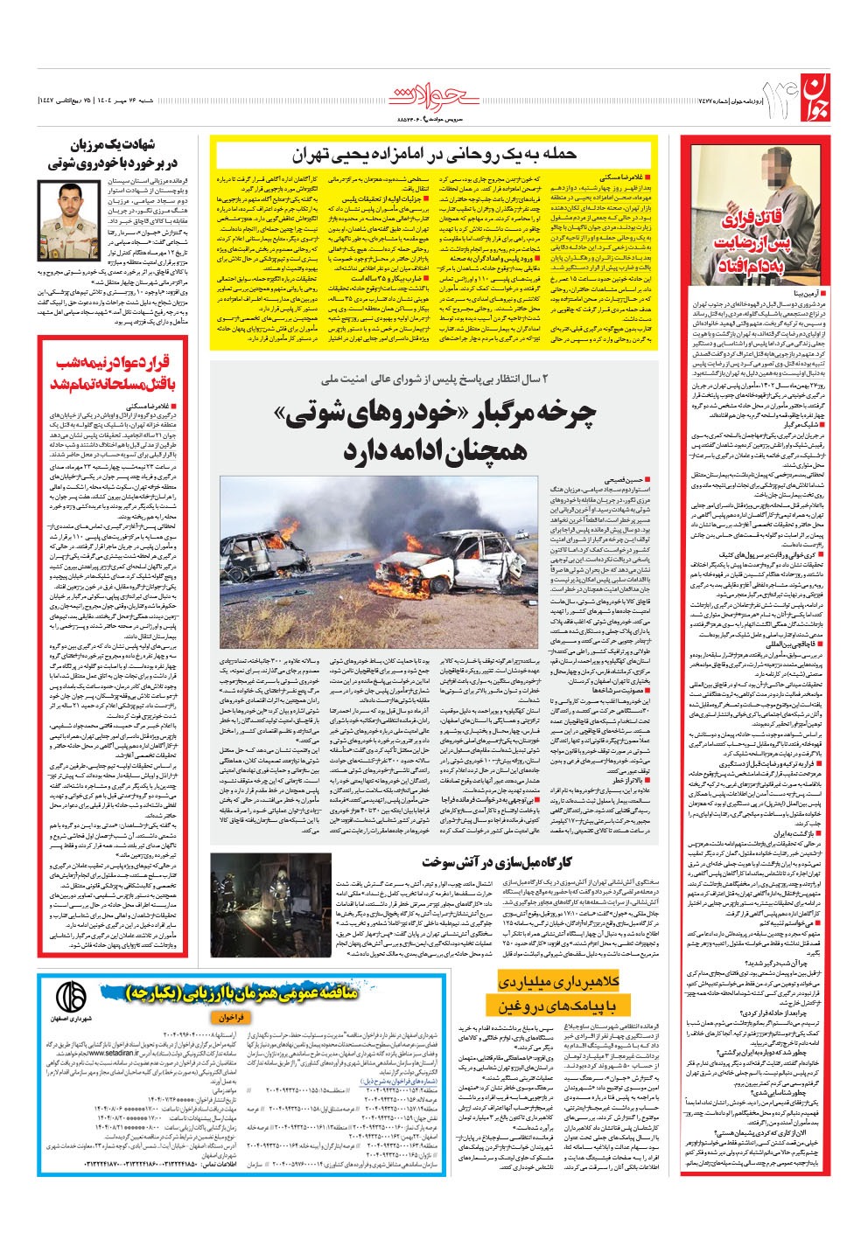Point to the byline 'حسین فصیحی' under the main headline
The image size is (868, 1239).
tap(626, 480)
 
